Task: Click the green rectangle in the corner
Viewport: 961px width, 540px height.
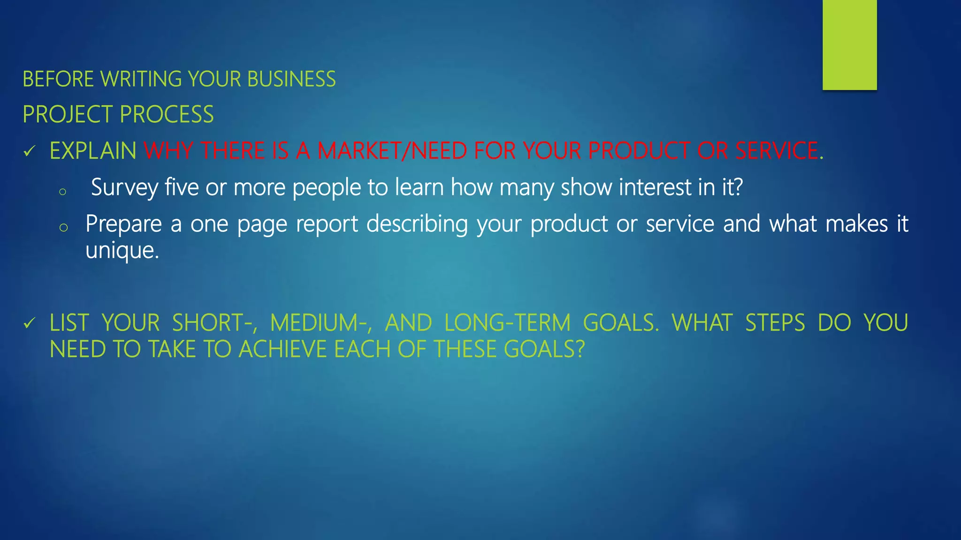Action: [849, 45]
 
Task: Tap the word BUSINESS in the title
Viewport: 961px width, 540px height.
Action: [291, 79]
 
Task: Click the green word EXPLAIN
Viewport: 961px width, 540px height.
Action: [93, 151]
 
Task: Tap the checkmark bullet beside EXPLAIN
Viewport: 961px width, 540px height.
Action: [30, 151]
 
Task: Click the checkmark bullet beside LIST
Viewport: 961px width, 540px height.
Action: [30, 323]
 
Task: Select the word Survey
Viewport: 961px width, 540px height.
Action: [124, 187]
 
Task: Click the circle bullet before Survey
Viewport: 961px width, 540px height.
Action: [62, 191]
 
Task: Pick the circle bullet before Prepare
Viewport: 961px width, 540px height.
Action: [64, 228]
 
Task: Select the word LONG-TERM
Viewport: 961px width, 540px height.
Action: [507, 323]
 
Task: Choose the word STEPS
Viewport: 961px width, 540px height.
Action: [775, 323]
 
